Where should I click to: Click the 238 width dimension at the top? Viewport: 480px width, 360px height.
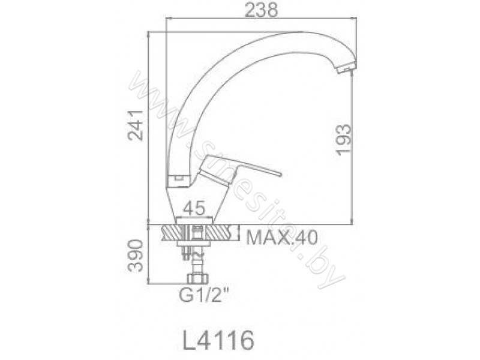(x=262, y=10)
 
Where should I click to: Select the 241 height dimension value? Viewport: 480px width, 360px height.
(x=136, y=125)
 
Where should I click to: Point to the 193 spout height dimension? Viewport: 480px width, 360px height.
(x=343, y=140)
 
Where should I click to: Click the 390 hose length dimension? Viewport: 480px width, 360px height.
(x=136, y=256)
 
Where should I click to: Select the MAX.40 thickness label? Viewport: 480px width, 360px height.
(x=282, y=238)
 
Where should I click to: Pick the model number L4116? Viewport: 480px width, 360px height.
(x=218, y=340)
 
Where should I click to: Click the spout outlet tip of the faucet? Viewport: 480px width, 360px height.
(x=347, y=68)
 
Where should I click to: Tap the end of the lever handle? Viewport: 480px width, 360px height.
(x=279, y=174)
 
